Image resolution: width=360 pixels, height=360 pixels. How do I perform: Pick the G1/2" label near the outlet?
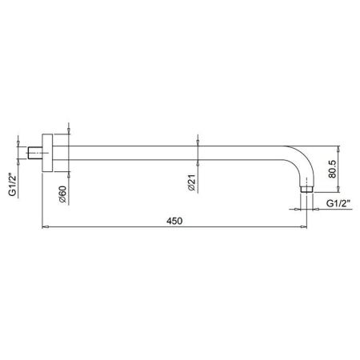pyautogui.click(x=338, y=205)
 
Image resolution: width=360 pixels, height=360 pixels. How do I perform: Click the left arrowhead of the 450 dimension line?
pyautogui.click(x=45, y=228)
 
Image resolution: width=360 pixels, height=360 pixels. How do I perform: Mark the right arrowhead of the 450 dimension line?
pyautogui.click(x=306, y=228)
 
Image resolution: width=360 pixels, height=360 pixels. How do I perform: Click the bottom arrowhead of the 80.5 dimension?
pyautogui.click(x=339, y=190)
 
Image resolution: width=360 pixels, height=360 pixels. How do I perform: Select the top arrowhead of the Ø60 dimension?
pyautogui.click(x=70, y=134)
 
